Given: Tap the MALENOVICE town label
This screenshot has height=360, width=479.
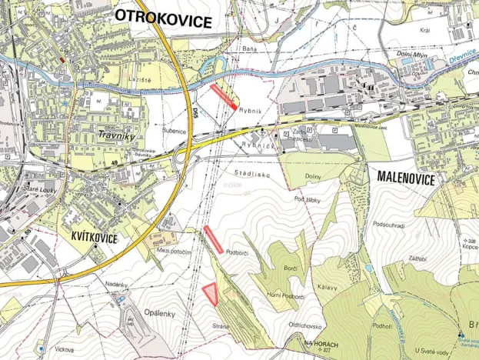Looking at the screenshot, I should click(x=406, y=178).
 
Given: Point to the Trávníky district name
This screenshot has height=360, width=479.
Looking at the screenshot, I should click(x=115, y=135).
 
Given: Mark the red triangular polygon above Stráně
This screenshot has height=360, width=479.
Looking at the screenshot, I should click(x=210, y=295).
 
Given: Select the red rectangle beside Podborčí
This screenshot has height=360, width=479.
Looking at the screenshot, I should click(x=214, y=241).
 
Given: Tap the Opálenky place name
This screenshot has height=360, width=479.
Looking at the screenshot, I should click(x=158, y=312).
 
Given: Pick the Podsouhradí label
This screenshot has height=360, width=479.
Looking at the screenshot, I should click(x=388, y=224).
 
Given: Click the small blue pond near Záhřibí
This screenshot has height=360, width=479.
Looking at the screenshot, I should click(x=370, y=268).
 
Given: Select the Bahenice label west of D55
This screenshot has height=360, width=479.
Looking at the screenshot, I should click(x=173, y=132).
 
